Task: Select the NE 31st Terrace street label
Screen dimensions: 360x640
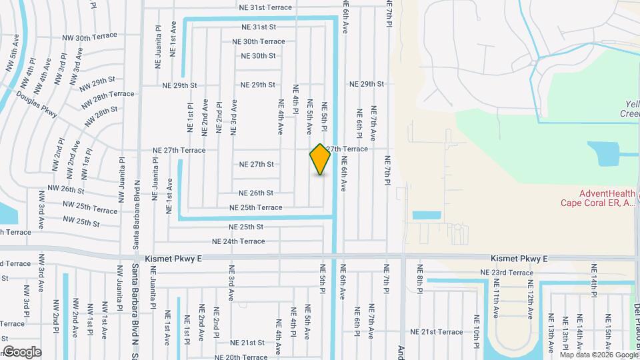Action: (x=266, y=7)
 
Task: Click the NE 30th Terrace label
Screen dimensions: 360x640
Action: (x=259, y=41)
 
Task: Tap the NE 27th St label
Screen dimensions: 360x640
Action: (x=257, y=164)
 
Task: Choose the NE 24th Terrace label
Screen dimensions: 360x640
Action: (x=239, y=241)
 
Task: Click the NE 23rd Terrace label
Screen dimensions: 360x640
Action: (x=507, y=273)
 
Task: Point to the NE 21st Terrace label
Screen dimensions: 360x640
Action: (x=436, y=332)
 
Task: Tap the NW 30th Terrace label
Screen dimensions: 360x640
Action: (x=89, y=39)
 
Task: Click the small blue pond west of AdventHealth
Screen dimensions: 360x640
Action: (x=427, y=215)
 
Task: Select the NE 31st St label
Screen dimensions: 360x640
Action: (x=259, y=27)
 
